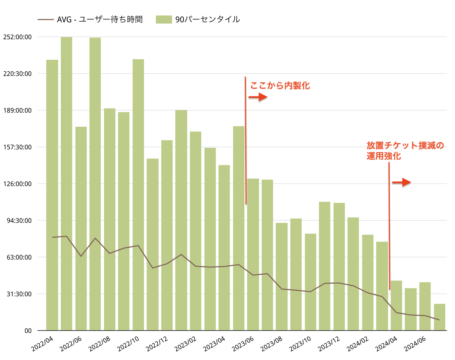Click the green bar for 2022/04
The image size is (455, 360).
pyautogui.click(x=52, y=194)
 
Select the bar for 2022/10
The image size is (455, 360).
pyautogui.click(x=138, y=194)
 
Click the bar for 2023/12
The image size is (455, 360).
pyautogui.click(x=339, y=266)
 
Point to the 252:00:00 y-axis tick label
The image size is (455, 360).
pyautogui.click(x=17, y=37)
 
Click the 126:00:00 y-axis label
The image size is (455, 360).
pyautogui.click(x=17, y=184)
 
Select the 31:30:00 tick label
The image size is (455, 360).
pyautogui.click(x=19, y=294)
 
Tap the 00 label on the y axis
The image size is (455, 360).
pyautogui.click(x=28, y=331)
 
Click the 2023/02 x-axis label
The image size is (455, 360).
pyautogui.click(x=186, y=344)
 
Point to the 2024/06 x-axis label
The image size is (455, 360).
pyautogui.click(x=415, y=344)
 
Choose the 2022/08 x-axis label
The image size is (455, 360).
pyautogui.click(x=100, y=344)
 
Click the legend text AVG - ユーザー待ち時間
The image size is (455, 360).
pyautogui.click(x=100, y=19)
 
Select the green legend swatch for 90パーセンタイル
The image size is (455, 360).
pyautogui.click(x=164, y=19)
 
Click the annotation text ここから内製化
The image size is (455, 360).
pyautogui.click(x=280, y=86)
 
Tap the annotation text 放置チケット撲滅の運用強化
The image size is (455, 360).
pyautogui.click(x=405, y=150)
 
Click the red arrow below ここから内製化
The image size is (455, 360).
pyautogui.click(x=258, y=97)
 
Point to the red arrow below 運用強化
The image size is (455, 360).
pyautogui.click(x=401, y=183)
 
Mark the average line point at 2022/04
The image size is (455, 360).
pyautogui.click(x=52, y=237)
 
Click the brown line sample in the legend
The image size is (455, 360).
pyautogui.click(x=46, y=19)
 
